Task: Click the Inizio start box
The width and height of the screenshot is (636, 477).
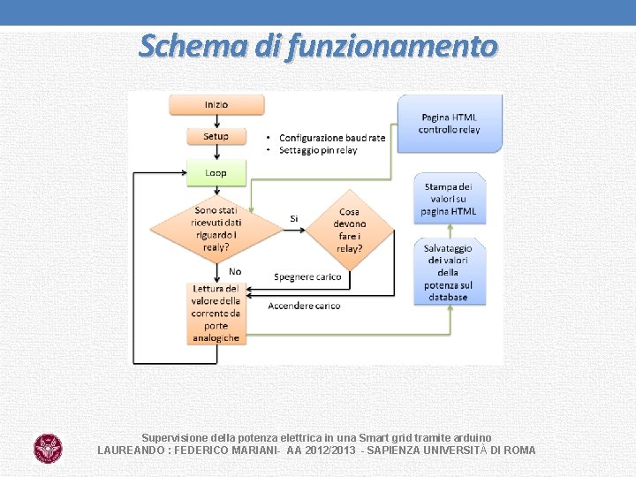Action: [x=216, y=104]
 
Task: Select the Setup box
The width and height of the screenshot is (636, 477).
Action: [x=216, y=137]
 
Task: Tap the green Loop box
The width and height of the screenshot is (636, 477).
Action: [x=216, y=173]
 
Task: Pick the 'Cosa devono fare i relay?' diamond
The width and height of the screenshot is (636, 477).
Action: [x=349, y=231]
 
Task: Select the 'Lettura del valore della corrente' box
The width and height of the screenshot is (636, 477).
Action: [x=216, y=314]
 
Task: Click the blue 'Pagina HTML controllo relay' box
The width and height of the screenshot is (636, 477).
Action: [x=450, y=124]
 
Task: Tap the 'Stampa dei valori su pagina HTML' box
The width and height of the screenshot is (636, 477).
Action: [x=450, y=200]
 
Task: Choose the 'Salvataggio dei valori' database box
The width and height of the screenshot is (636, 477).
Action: [x=450, y=272]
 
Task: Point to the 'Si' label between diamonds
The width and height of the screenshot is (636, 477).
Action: [x=293, y=218]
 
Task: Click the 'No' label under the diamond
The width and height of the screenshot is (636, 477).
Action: [x=235, y=271]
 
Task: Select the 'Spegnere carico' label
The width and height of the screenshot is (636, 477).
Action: [x=307, y=277]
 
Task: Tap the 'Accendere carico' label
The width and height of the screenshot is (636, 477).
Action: [x=304, y=306]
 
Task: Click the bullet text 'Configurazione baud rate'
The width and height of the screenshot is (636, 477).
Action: [x=332, y=138]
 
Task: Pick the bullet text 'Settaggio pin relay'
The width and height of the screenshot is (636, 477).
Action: [x=318, y=150]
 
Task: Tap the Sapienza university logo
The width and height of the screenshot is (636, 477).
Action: [x=48, y=448]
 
